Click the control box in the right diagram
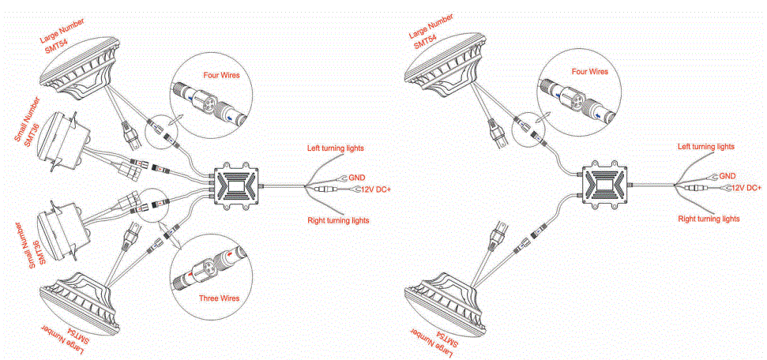(x=606, y=187)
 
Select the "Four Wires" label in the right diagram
(x=589, y=71)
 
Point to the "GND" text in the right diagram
(x=728, y=176)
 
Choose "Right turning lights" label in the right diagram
(x=709, y=218)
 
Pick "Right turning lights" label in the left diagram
(x=338, y=220)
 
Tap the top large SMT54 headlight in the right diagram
(x=446, y=66)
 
